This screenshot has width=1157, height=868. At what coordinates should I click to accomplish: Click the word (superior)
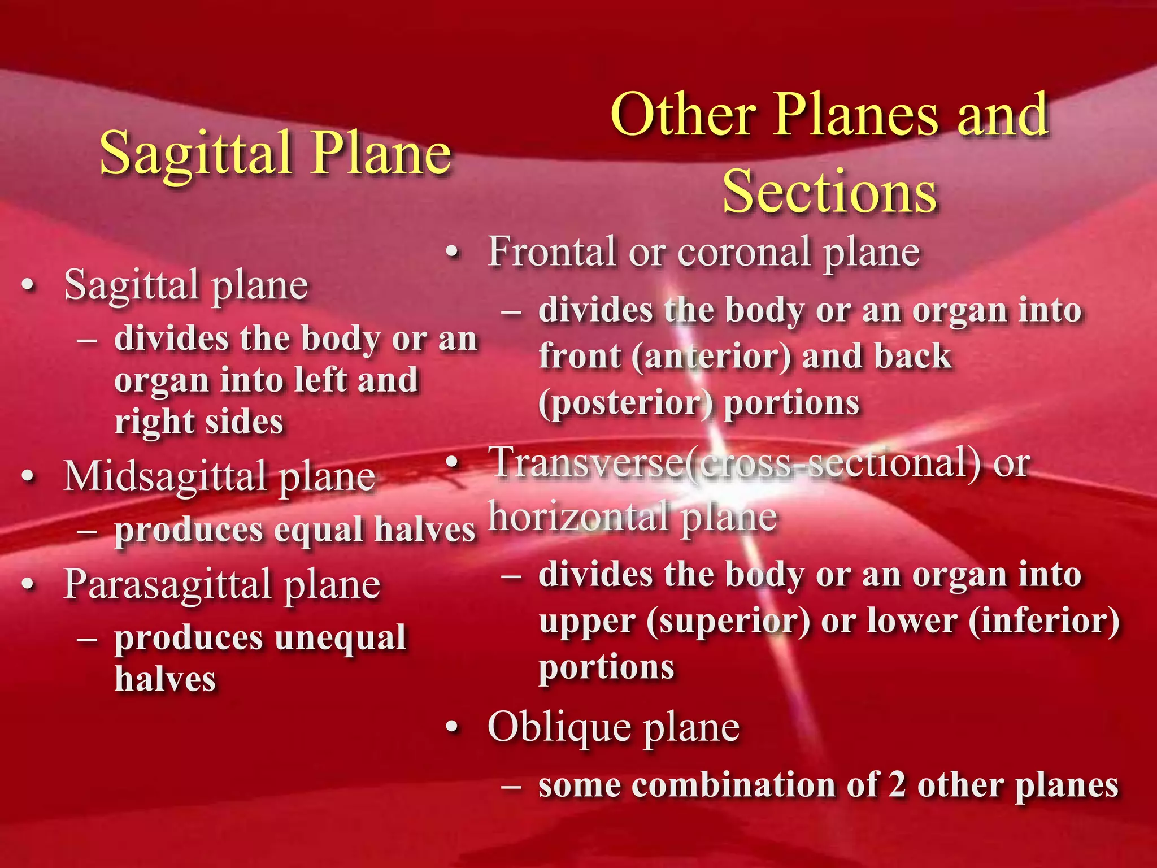[x=728, y=621]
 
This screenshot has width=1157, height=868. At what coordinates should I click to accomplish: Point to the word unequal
[x=340, y=638]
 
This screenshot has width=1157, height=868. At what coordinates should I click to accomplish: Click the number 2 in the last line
[x=897, y=785]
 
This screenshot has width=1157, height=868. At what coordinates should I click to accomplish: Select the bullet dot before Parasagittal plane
[x=28, y=585]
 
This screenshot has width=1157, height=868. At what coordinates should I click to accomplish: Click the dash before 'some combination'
[x=511, y=786]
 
